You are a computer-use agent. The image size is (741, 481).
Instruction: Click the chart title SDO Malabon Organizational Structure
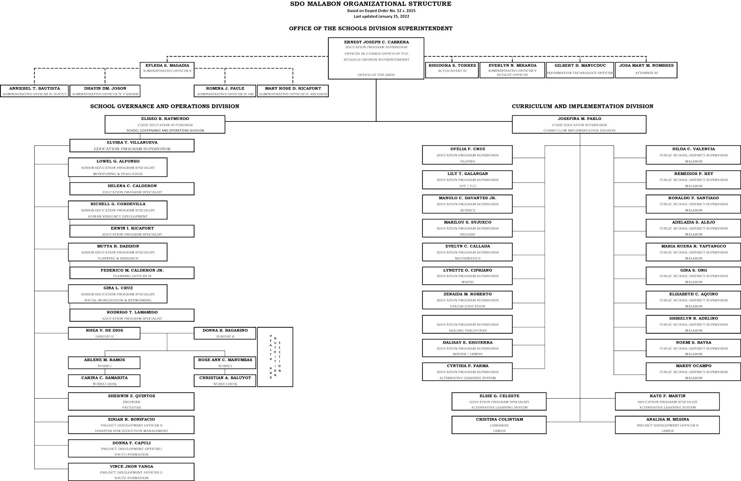370,4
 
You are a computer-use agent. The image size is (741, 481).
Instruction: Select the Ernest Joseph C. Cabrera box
376,58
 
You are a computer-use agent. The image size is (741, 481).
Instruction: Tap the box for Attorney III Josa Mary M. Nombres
646,69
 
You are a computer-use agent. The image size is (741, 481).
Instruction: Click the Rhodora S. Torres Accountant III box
452,69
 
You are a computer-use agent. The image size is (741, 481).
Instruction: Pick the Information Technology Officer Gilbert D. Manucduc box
580,69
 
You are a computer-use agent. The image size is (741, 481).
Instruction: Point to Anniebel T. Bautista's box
35,91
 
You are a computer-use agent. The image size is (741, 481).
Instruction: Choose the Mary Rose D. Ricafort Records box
293,91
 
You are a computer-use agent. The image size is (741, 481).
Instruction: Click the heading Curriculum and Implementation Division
582,106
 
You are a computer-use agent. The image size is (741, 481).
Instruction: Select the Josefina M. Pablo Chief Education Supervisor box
579,125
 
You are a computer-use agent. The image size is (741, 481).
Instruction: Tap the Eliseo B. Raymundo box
165,125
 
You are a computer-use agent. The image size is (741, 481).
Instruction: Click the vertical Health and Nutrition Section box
275,357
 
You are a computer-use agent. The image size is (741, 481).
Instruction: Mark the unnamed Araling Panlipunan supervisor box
467,324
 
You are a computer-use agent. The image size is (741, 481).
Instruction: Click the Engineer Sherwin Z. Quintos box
131,401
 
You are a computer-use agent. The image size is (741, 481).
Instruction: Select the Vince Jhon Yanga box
131,472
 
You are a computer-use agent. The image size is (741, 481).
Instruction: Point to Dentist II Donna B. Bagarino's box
225,333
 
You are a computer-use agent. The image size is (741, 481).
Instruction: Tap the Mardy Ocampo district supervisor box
693,372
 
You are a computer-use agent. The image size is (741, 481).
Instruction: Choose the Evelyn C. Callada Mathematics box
467,252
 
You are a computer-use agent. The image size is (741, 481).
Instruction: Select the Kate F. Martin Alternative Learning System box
667,401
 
